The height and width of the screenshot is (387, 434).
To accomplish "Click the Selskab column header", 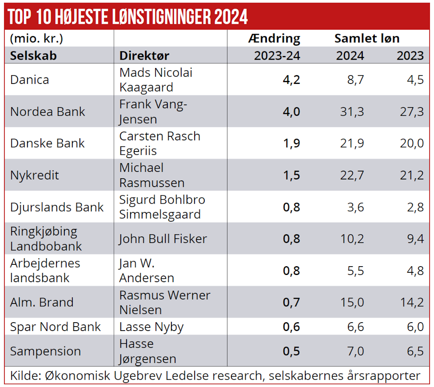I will coord(33,56).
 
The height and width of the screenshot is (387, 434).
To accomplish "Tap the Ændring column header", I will coord(274,38).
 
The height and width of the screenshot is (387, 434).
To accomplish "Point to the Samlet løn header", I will coord(367,38).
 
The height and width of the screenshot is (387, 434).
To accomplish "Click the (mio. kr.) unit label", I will coord(37,38).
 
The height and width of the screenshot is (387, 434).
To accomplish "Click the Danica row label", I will coord(30,80).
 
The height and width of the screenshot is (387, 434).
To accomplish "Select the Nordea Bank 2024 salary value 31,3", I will coord(352,111).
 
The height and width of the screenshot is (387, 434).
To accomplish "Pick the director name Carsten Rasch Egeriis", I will coord(159,143).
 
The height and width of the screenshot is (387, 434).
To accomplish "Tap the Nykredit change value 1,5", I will coord(292,175).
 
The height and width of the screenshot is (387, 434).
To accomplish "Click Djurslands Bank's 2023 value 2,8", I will coord(415,207).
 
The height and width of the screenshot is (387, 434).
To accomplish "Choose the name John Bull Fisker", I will coord(163,239).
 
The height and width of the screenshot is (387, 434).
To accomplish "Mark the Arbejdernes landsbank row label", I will coord(45,271).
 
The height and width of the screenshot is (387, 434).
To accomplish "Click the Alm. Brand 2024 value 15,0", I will coord(352,302).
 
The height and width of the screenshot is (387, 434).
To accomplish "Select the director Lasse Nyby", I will coord(151,327).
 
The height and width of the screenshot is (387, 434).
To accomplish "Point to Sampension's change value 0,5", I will coord(292,351).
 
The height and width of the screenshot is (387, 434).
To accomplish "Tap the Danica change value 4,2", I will coord(292,80).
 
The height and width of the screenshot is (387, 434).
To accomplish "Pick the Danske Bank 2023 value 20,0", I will coord(412,143).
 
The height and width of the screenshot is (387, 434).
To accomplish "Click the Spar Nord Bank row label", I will coord(55,327).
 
